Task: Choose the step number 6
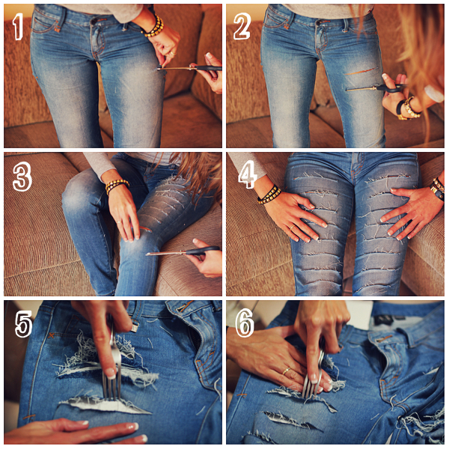pyautogui.click(x=245, y=323)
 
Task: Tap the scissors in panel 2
pyautogui.click(x=374, y=88)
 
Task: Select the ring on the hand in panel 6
pyautogui.click(x=287, y=371)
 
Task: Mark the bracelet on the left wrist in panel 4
pyautogui.click(x=269, y=195)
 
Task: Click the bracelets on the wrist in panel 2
pyautogui.click(x=407, y=109)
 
